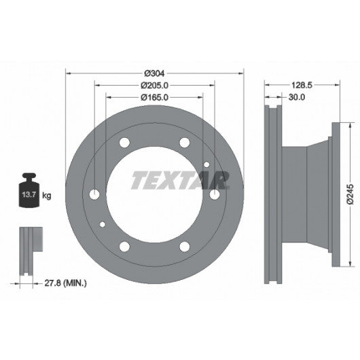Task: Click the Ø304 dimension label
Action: (x=154, y=73)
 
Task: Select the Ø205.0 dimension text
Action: (x=154, y=86)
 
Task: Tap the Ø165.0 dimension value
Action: (x=154, y=97)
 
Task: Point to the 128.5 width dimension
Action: (x=302, y=85)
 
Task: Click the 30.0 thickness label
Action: (x=297, y=97)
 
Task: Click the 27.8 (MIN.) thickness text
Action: (x=65, y=283)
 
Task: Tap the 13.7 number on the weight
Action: (x=29, y=195)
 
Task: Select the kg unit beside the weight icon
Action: (x=47, y=196)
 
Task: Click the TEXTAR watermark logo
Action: (x=181, y=180)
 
